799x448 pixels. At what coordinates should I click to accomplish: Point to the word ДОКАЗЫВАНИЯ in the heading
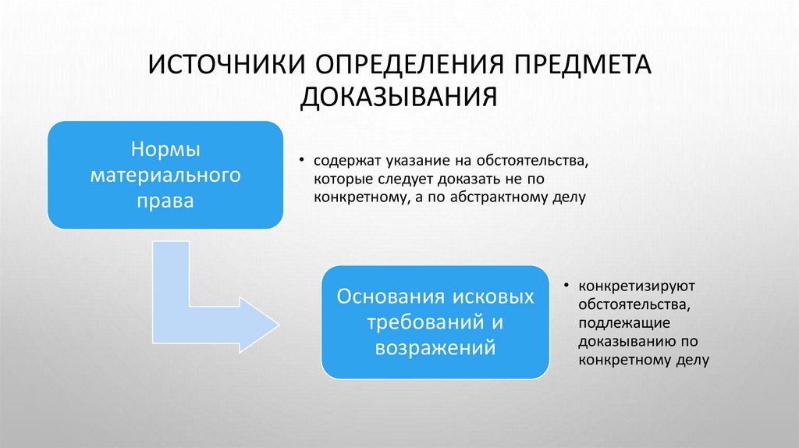pos(399,96)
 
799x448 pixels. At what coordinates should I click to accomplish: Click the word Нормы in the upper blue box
pos(165,148)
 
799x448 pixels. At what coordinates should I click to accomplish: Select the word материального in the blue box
pos(165,174)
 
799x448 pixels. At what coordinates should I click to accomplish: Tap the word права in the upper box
pos(165,201)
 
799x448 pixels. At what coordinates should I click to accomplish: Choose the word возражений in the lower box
pos(435,347)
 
